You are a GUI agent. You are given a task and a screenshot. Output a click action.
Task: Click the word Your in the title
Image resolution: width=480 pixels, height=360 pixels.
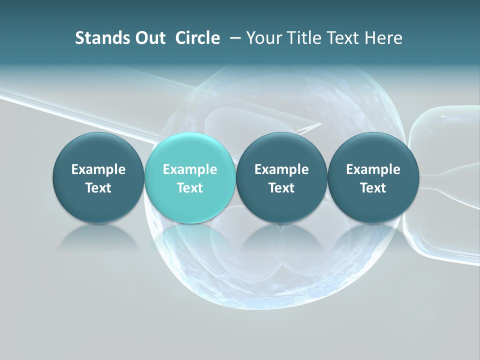(262, 38)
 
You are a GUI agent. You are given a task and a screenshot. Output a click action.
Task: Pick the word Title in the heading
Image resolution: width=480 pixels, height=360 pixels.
(299, 38)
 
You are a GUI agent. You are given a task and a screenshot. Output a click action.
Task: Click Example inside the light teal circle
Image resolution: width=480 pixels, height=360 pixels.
(190, 169)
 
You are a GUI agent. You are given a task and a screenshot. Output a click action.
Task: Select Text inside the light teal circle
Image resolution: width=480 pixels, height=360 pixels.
(190, 188)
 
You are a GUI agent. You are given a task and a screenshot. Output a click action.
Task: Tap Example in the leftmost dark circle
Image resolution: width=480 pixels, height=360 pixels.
(98, 169)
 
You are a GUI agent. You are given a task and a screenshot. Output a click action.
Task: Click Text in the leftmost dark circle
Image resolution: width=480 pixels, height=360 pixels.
(98, 188)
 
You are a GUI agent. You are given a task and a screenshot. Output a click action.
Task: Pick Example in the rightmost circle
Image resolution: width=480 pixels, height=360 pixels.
(373, 169)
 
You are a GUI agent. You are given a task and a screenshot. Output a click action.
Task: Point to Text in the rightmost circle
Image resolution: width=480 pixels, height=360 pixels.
(373, 188)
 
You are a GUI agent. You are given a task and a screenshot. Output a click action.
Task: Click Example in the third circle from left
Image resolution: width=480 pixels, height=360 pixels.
(281, 169)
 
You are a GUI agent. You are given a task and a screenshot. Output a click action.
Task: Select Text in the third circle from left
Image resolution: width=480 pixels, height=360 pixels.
(281, 188)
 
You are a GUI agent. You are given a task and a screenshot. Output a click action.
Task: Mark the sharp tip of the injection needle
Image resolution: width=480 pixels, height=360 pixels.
(319, 124)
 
